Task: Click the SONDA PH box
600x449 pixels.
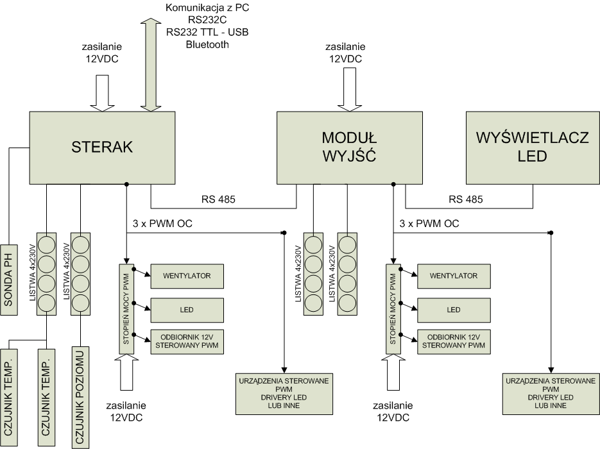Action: [8, 280]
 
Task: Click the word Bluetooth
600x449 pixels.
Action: [207, 44]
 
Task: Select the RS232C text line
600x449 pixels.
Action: [207, 20]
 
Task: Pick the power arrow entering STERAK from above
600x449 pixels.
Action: [103, 92]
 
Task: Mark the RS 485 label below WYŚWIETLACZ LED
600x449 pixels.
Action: [466, 199]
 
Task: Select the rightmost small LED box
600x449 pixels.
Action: [454, 310]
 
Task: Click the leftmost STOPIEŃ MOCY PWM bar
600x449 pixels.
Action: [125, 308]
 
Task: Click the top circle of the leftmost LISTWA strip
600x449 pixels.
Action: [47, 244]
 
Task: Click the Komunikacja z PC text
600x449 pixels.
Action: [207, 8]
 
